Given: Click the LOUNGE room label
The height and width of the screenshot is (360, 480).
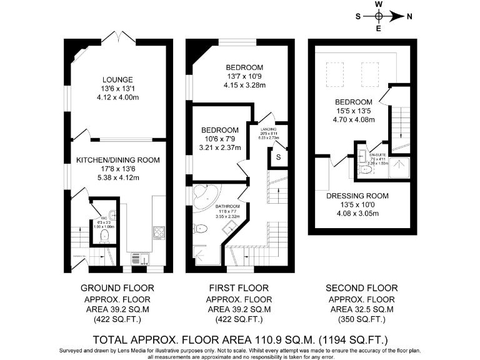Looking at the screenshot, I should tap(118, 80).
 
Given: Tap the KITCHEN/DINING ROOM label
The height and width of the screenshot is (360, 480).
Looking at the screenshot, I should tap(118, 161).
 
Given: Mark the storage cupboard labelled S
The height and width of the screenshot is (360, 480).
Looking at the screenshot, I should tap(278, 157).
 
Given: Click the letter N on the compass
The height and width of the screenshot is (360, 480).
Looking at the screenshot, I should tap(409, 17).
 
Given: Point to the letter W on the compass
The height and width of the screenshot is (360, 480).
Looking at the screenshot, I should tap(379, 4).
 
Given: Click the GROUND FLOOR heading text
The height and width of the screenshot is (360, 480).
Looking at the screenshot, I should tap(117, 288).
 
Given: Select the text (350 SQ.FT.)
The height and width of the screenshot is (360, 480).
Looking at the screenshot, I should tap(362, 319).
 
